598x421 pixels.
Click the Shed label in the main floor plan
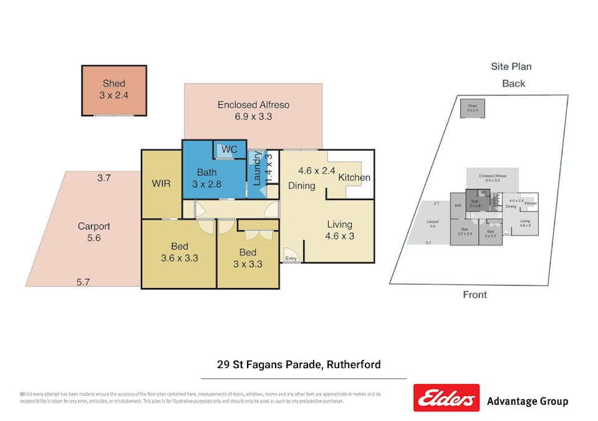[x=113, y=89]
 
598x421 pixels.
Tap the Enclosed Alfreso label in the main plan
[x=253, y=110]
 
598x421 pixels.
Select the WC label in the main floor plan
[x=229, y=150]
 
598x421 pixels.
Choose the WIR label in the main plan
[x=162, y=184]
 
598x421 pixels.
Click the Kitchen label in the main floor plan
[x=354, y=178]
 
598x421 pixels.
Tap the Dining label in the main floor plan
[x=301, y=185]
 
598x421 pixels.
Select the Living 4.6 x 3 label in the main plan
[x=339, y=230]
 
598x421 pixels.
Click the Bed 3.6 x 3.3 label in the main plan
[x=180, y=251]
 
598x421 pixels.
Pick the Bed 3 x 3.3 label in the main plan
[x=248, y=258]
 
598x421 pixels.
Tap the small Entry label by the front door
[x=291, y=258]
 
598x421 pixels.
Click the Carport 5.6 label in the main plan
[x=94, y=232]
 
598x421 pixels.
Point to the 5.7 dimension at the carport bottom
[x=83, y=282]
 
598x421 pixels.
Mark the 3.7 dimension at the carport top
[x=104, y=178]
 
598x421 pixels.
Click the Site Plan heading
[x=511, y=67]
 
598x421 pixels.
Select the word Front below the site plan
[x=475, y=294]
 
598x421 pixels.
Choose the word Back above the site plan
[x=513, y=84]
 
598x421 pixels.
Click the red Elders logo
[x=446, y=398]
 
